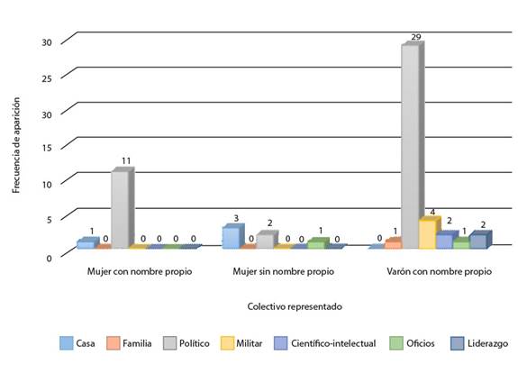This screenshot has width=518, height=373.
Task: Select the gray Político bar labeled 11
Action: [x=119, y=209]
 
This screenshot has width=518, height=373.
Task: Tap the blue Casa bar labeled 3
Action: [x=231, y=237]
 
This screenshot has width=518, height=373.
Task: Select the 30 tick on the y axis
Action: [x=46, y=42]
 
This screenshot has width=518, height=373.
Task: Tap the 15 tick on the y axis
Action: [x=46, y=147]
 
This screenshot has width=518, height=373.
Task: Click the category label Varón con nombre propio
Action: [x=439, y=271]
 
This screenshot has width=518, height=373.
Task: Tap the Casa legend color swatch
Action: [x=67, y=342]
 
